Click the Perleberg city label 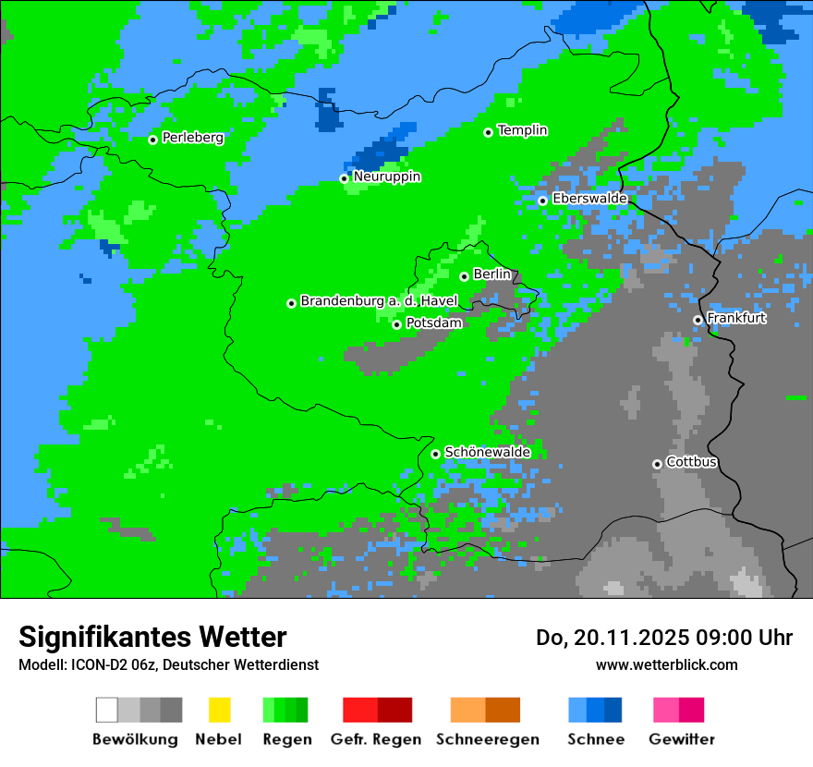point(192,138)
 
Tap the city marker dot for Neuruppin point(344,178)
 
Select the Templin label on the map point(522,130)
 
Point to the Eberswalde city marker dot point(542,201)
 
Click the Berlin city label point(491,274)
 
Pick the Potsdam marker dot point(396,324)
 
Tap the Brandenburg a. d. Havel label point(379,301)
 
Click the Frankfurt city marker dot point(698,320)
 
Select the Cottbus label point(691,462)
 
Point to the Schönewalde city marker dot point(435,454)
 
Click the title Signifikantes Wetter point(152,637)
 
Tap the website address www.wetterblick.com point(666,664)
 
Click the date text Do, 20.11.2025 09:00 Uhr point(664,638)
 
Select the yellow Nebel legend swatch point(219,710)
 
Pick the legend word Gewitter point(682,739)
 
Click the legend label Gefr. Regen point(376,739)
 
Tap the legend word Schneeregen point(487,739)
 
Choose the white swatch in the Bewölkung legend point(106,710)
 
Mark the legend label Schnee point(595,739)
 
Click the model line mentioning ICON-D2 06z point(168,664)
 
